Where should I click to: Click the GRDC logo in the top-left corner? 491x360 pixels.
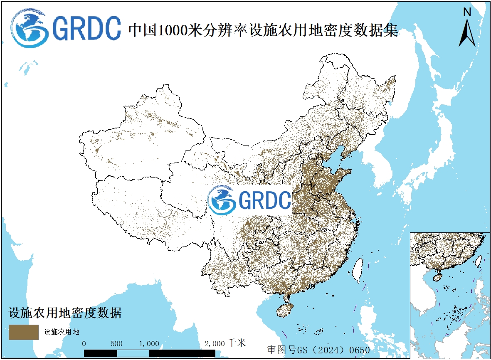[66, 28]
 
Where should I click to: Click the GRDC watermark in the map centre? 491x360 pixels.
[249, 200]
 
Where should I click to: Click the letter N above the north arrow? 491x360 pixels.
[467, 12]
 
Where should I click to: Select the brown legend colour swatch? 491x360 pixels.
[24, 332]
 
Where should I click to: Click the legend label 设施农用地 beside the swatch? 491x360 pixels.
[62, 332]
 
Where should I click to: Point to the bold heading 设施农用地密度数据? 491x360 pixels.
[65, 313]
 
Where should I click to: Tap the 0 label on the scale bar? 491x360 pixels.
[84, 344]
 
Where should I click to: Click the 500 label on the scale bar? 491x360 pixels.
[117, 344]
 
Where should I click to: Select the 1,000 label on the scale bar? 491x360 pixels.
[149, 344]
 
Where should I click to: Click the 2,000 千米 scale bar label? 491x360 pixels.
[225, 343]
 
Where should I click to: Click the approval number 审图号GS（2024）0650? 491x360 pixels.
[318, 350]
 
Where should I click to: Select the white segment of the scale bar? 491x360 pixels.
[133, 353]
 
